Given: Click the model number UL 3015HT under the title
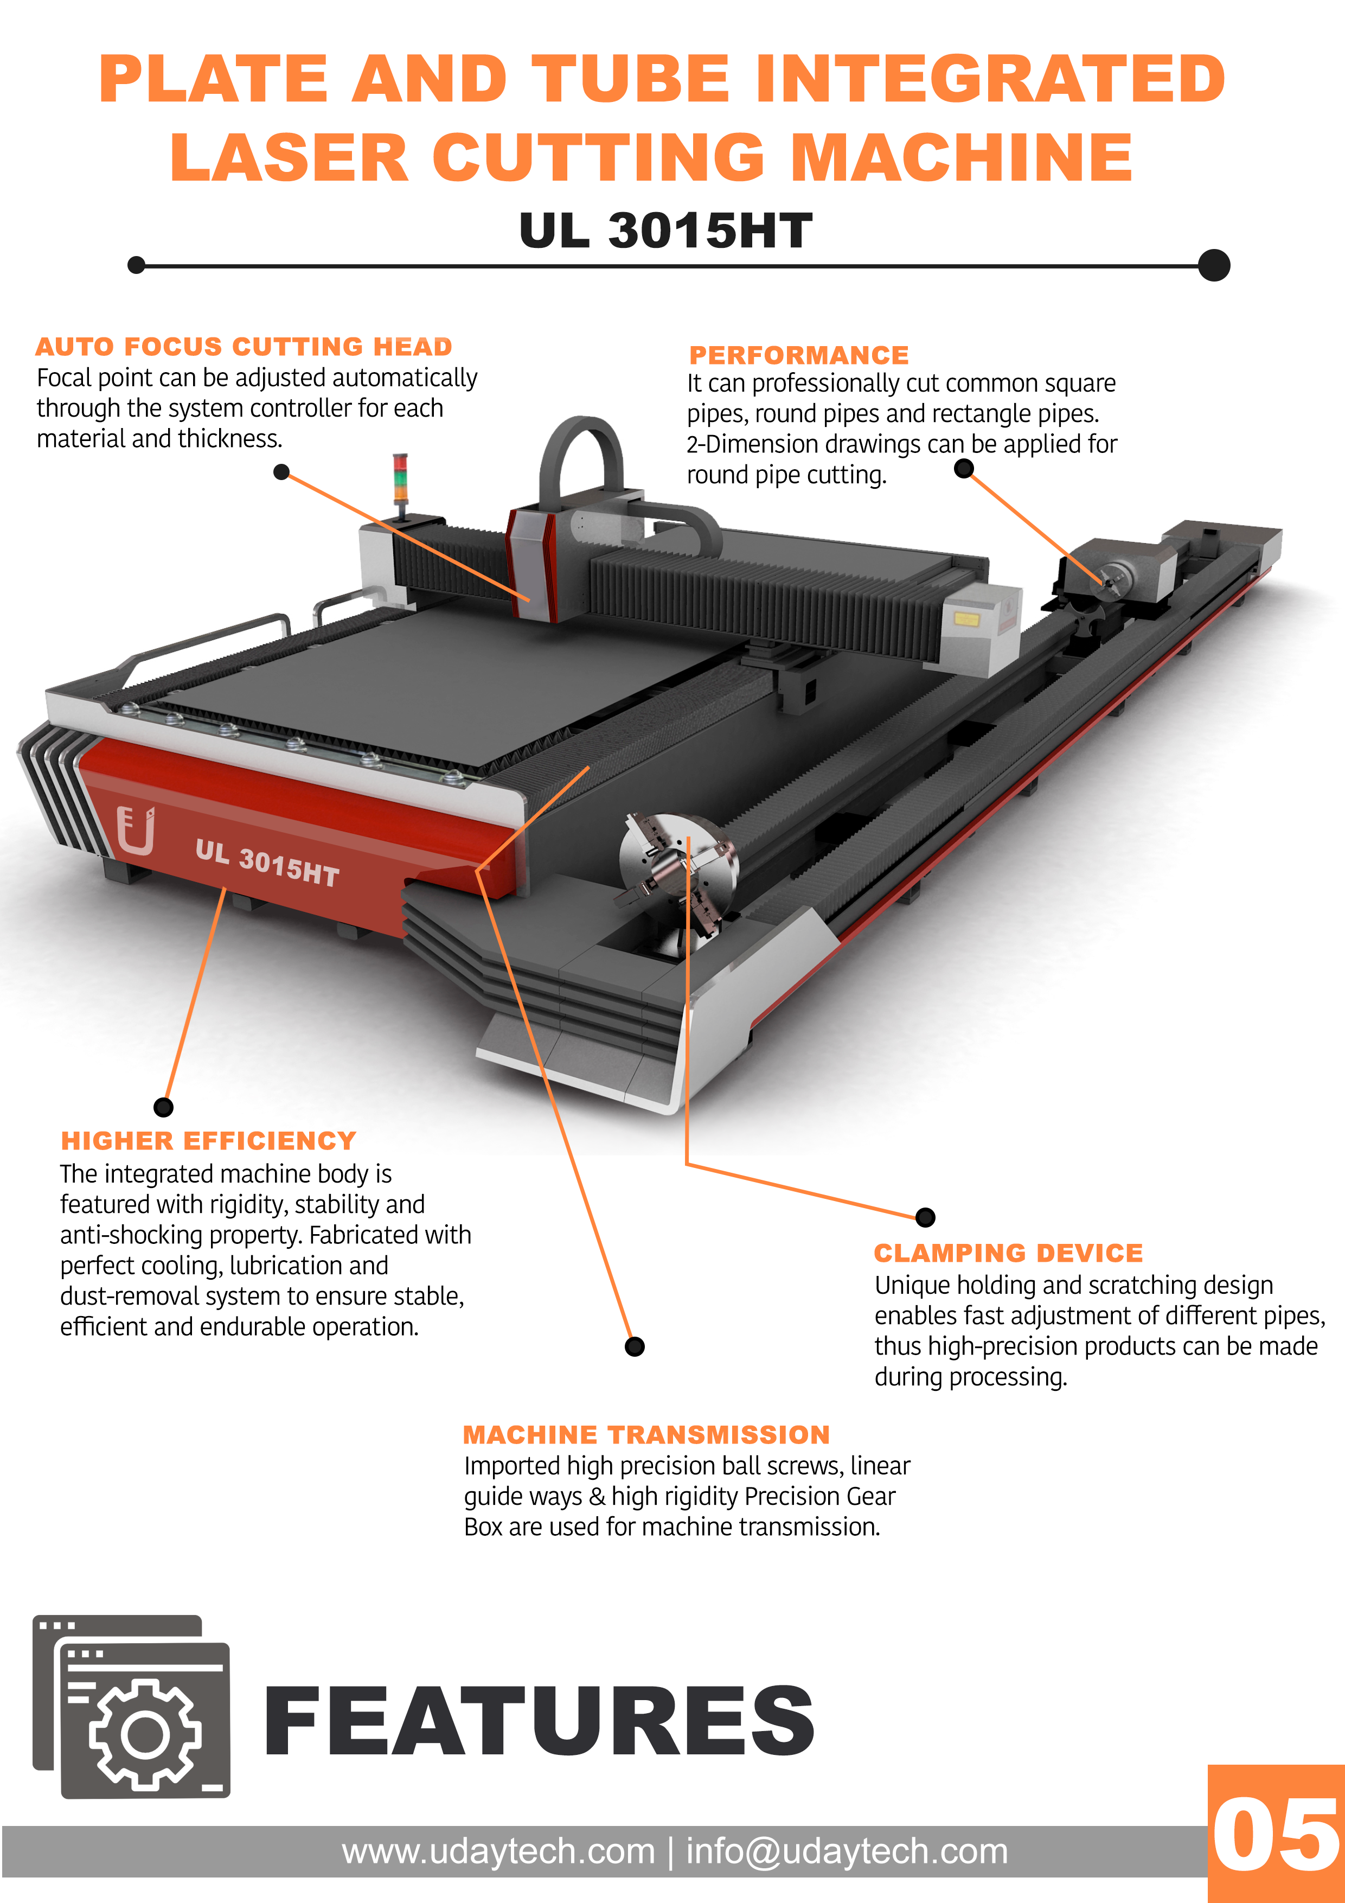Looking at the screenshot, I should click(665, 231).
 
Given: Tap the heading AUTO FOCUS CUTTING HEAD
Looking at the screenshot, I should click(244, 347).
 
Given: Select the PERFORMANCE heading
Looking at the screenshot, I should click(799, 355).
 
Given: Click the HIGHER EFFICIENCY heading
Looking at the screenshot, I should click(209, 1141).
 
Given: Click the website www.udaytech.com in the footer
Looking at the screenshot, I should click(498, 1851).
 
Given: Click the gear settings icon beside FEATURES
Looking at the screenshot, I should click(145, 1734).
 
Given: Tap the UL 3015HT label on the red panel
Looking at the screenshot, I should click(267, 863).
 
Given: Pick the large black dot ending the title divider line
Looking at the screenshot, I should click(1214, 265).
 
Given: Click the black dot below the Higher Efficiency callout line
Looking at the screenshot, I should click(164, 1107).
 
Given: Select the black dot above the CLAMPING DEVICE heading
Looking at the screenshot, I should click(926, 1217).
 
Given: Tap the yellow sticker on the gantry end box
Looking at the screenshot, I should click(967, 618).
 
